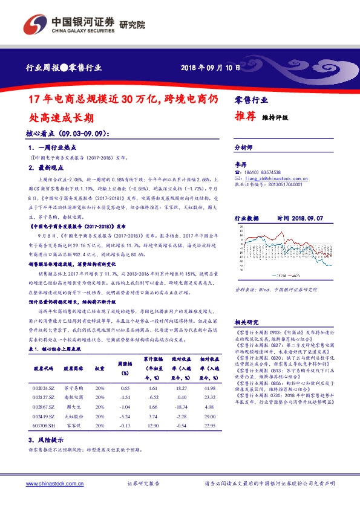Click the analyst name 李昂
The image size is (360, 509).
click(240, 164)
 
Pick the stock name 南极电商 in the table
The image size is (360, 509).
click(72, 397)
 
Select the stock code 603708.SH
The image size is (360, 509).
click(44, 427)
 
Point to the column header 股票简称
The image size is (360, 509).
click(72, 368)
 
